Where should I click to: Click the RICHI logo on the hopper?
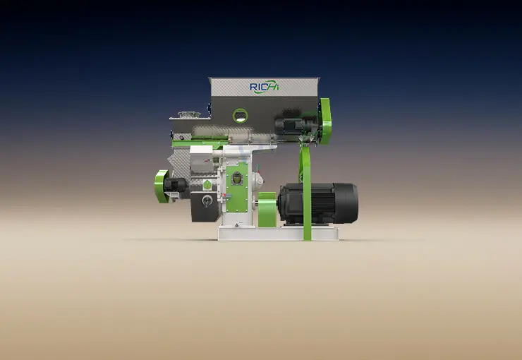point(265,87)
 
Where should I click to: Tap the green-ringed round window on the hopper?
point(240,116)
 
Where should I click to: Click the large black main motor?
point(318,203)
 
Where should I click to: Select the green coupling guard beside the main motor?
point(267,210)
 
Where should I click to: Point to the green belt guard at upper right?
point(325,121)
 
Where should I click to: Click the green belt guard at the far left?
point(161,186)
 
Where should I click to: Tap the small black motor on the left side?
point(176,185)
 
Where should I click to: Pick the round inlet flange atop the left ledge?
point(189,114)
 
